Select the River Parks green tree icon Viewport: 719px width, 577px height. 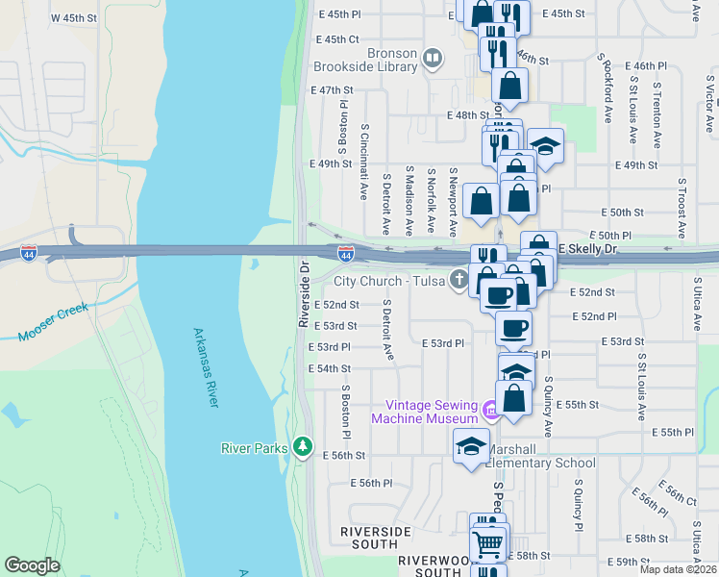click(304, 446)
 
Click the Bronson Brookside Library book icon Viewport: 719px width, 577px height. click(433, 60)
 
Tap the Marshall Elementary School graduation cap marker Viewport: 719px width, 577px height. click(471, 446)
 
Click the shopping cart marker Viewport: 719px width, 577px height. click(489, 544)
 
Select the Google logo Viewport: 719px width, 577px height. click(32, 565)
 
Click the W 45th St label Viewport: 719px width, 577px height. click(74, 18)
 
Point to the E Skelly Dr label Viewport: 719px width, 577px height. click(588, 249)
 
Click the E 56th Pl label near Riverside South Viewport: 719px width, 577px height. click(372, 483)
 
